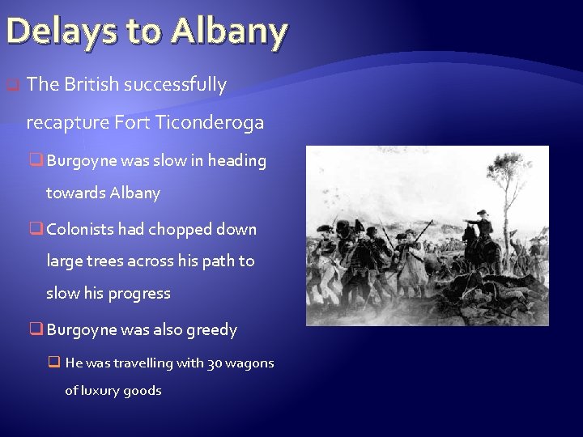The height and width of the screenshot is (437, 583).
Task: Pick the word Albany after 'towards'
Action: pos(138,193)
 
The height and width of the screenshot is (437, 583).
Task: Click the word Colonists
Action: pos(81,230)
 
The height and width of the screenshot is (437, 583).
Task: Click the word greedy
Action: pos(211,330)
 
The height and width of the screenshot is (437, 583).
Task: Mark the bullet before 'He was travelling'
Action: pos(56,363)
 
